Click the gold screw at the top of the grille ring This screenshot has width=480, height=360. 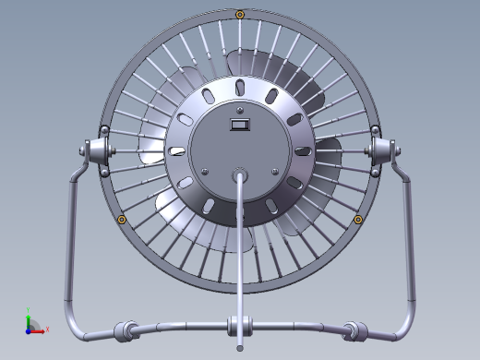pyautogui.click(x=240, y=14)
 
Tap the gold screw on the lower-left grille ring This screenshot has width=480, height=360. pyautogui.click(x=122, y=219)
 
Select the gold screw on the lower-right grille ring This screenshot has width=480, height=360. pyautogui.click(x=358, y=219)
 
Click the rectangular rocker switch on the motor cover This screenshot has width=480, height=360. pyautogui.click(x=240, y=123)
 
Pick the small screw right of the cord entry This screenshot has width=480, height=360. pyautogui.click(x=274, y=171)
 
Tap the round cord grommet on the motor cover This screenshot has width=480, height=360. pyautogui.click(x=240, y=172)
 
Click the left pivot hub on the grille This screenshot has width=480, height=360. pyautogui.click(x=96, y=150)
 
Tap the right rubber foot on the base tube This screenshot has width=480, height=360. pyautogui.click(x=355, y=329)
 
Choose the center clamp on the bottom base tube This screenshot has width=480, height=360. pyautogui.click(x=240, y=325)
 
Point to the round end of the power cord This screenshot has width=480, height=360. pyautogui.click(x=240, y=348)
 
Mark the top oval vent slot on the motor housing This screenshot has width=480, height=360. pyautogui.click(x=240, y=87)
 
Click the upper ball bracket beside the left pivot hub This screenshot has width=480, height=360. pyautogui.click(x=104, y=129)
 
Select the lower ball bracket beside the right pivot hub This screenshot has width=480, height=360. pyautogui.click(x=375, y=171)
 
